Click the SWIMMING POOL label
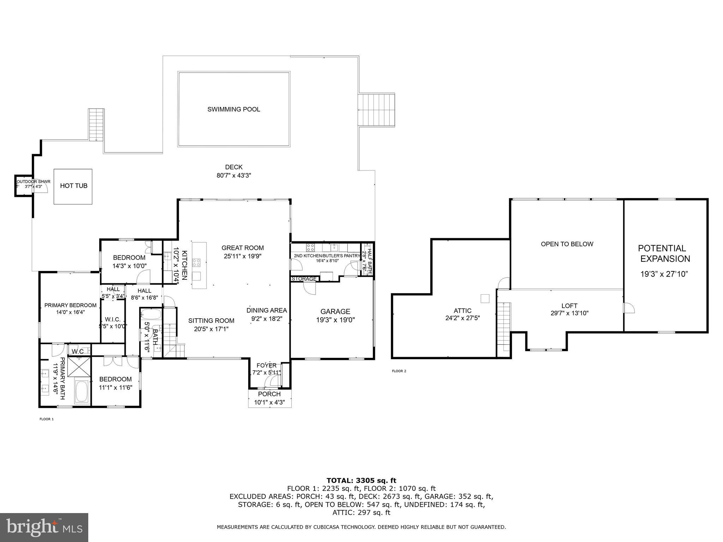pyautogui.click(x=234, y=109)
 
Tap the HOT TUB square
pyautogui.click(x=73, y=186)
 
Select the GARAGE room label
pyautogui.click(x=335, y=312)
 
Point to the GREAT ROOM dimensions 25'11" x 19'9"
pyautogui.click(x=243, y=256)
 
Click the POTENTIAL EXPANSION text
pyautogui.click(x=665, y=253)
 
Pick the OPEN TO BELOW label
pyautogui.click(x=567, y=244)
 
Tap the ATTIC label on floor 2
pyautogui.click(x=462, y=311)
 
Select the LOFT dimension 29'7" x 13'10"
pyautogui.click(x=569, y=313)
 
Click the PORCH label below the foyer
pyautogui.click(x=269, y=394)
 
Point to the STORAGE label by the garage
pyautogui.click(x=304, y=279)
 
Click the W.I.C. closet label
pyautogui.click(x=113, y=319)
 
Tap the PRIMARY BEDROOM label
pyautogui.click(x=70, y=306)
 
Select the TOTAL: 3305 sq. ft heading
pyautogui.click(x=361, y=481)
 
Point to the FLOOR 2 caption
pyautogui.click(x=399, y=371)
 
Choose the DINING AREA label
pyautogui.click(x=267, y=311)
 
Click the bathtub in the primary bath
pyautogui.click(x=82, y=392)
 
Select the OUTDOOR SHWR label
pyautogui.click(x=34, y=182)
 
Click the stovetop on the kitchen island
pyautogui.click(x=196, y=263)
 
